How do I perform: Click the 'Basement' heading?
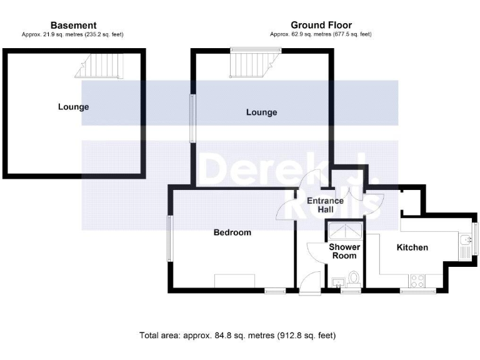pyautogui.click(x=73, y=25)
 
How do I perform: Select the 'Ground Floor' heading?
pyautogui.click(x=321, y=25)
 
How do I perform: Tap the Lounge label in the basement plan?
pyautogui.click(x=73, y=107)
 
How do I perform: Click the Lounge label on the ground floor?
pyautogui.click(x=261, y=112)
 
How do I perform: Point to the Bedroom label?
pyautogui.click(x=232, y=232)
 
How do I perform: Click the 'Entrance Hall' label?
pyautogui.click(x=325, y=205)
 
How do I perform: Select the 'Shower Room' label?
pyautogui.click(x=344, y=251)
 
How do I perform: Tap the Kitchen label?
pyautogui.click(x=412, y=247)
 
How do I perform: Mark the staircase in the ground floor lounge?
pyautogui.click(x=249, y=63)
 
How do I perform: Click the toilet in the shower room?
pyautogui.click(x=354, y=277)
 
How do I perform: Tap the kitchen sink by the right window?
pyautogui.click(x=465, y=245)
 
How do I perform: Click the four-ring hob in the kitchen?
pyautogui.click(x=416, y=278)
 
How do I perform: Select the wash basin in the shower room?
pyautogui.click(x=338, y=281)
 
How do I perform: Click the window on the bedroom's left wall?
pyautogui.click(x=169, y=239)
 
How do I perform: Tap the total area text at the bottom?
pyautogui.click(x=237, y=336)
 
